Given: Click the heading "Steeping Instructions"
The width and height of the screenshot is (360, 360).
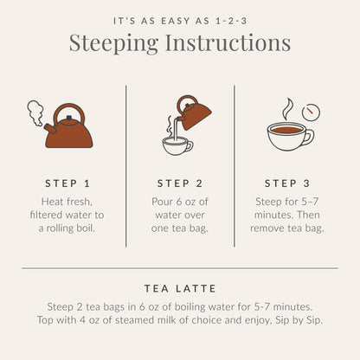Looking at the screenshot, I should (179, 42).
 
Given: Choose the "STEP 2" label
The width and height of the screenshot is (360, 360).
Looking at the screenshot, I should (179, 183).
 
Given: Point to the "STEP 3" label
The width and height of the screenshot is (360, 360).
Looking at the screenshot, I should (286, 183).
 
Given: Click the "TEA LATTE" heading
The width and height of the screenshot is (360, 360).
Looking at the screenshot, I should (179, 288).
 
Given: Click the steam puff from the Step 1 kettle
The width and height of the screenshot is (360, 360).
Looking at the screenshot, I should (35, 111).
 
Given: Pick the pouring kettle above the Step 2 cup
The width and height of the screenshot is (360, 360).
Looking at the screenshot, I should (192, 112).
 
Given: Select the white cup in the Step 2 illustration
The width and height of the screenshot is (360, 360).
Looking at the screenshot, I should (177, 145).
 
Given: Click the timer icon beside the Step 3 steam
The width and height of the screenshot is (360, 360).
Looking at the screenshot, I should (311, 112).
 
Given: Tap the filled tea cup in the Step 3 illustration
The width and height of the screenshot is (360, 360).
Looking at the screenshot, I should (286, 135).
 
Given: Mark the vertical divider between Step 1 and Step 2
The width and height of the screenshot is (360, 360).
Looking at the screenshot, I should (126, 160).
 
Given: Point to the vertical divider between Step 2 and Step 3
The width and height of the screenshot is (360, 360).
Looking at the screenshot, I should (234, 160).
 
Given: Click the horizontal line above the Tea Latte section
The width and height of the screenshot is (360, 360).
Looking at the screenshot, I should (179, 267).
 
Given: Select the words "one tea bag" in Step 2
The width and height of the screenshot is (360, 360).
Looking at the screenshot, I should (179, 228).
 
